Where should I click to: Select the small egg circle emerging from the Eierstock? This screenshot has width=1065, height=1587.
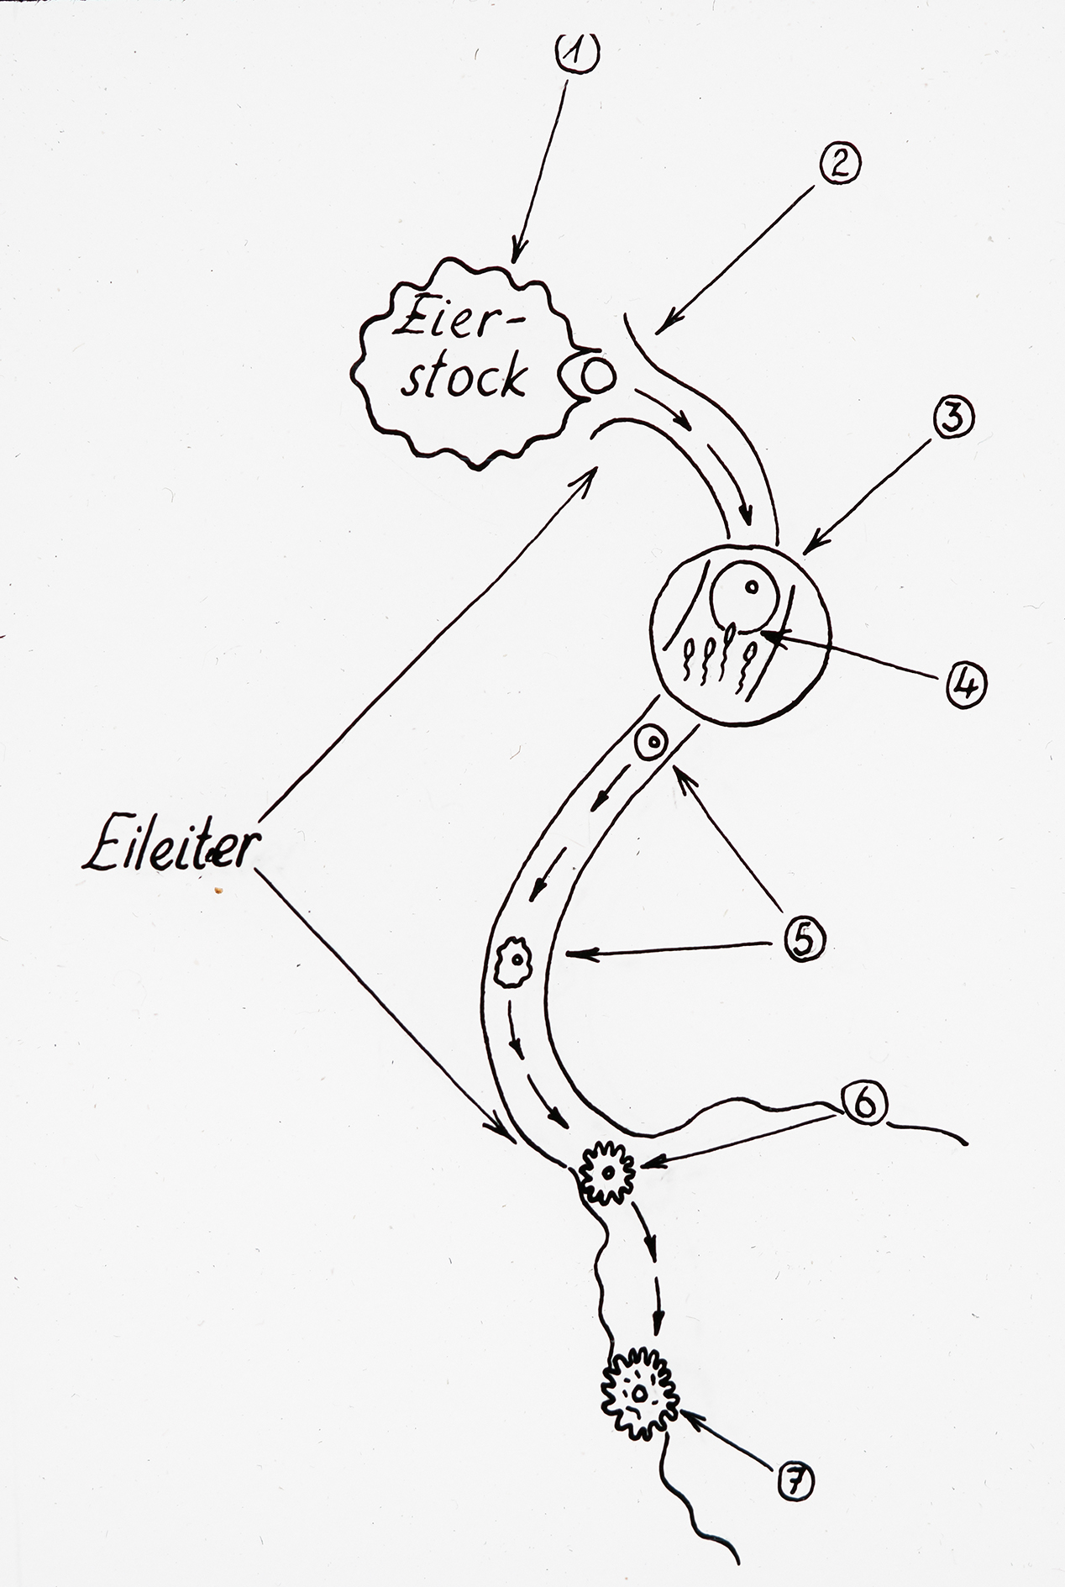(598, 378)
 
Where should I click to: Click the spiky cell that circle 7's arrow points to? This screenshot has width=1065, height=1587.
(640, 1394)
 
